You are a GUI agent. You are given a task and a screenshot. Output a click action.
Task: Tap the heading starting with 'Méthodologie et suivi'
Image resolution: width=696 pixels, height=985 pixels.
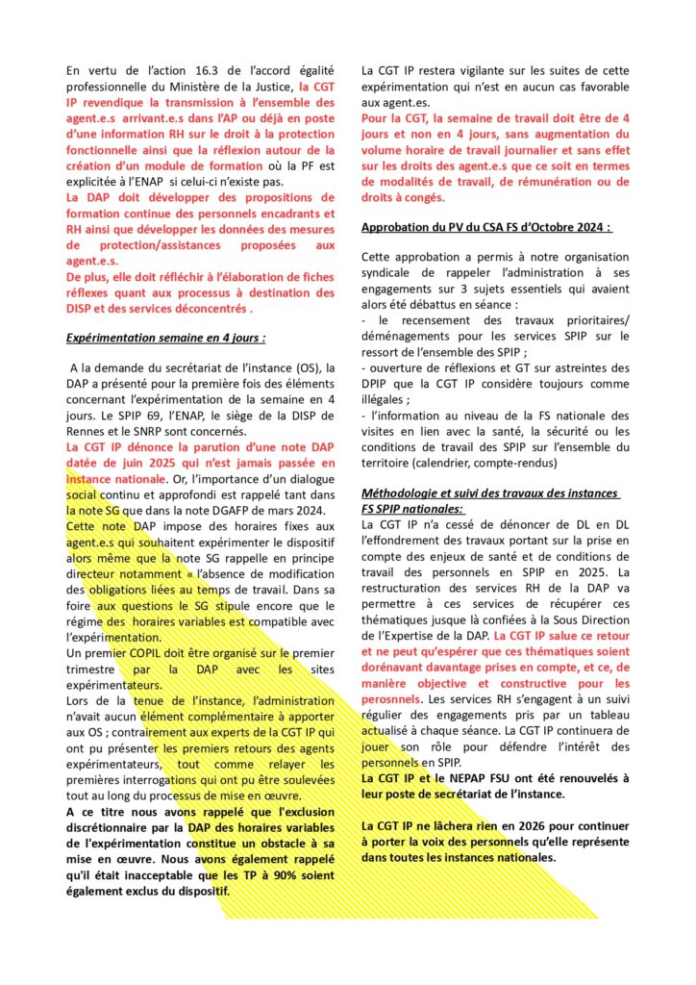point(490,492)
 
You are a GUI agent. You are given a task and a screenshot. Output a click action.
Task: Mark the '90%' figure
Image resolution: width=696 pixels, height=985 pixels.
point(248,875)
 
